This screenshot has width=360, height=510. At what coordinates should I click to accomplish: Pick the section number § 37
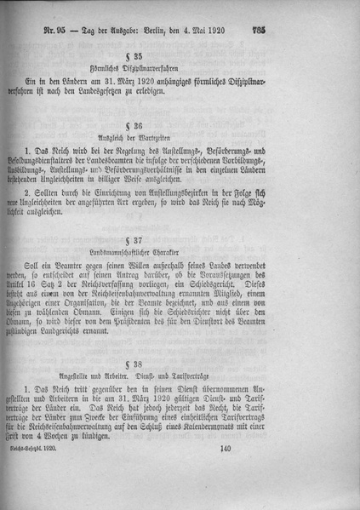[x=180, y=239]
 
